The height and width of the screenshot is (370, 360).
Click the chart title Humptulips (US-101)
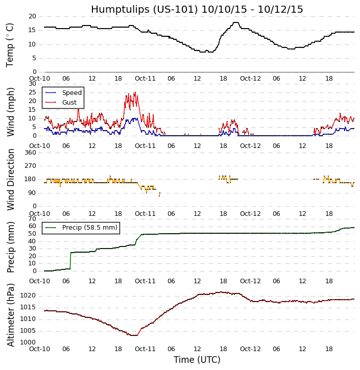click(x=197, y=9)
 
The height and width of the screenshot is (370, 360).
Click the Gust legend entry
click(x=69, y=103)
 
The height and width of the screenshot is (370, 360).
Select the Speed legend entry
click(x=71, y=93)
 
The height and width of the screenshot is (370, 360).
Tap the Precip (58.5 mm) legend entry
click(x=89, y=228)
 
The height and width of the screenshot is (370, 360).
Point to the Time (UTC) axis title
click(x=197, y=360)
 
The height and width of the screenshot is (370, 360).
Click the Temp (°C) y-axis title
click(x=10, y=44)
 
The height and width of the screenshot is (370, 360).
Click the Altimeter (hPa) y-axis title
click(x=10, y=315)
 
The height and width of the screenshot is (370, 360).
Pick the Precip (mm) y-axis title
click(x=10, y=246)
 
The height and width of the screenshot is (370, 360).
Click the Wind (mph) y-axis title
click(x=10, y=111)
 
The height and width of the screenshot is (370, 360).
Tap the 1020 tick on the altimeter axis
click(x=28, y=295)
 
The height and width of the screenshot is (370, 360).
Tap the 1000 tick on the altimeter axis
click(x=28, y=342)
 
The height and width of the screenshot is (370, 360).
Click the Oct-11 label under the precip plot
click(x=145, y=281)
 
